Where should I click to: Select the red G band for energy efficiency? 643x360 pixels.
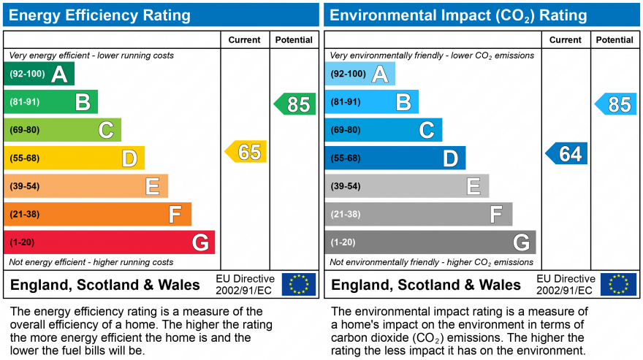109,242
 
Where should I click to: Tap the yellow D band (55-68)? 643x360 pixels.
74,158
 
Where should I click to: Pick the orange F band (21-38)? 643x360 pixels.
97,214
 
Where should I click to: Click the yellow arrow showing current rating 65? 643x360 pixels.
246,152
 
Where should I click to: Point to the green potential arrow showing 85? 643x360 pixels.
296,104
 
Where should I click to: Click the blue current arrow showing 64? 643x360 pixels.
567,154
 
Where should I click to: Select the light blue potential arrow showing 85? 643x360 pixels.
617,104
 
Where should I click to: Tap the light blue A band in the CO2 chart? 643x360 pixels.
359,74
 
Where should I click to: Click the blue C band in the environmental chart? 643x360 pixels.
383,130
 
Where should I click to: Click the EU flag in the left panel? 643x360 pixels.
299,284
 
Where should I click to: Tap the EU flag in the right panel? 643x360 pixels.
618,284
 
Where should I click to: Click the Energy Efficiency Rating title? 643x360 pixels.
102,15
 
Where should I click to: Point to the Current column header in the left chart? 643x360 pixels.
245,40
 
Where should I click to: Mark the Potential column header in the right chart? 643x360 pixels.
615,40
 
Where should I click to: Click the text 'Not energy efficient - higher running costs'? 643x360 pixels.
91,262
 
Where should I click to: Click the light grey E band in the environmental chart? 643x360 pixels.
406,186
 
